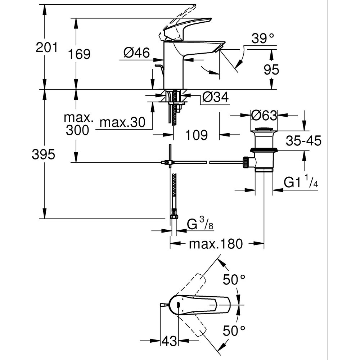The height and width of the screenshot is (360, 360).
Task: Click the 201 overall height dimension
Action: [x=46, y=47]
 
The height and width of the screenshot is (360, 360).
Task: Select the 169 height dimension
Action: [x=79, y=54]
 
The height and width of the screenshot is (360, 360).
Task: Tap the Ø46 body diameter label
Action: [x=136, y=53]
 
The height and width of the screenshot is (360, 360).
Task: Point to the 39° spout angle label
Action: [x=263, y=38]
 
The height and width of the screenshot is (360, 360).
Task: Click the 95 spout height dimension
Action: [x=271, y=70]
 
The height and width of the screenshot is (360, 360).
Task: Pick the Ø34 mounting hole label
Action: [x=215, y=97]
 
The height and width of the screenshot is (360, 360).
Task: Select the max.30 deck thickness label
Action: [x=122, y=123]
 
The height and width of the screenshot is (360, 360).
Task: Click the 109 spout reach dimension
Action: [x=197, y=135]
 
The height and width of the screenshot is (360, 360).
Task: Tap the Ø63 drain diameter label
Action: [x=264, y=116]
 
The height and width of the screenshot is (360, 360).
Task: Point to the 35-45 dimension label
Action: [x=303, y=141]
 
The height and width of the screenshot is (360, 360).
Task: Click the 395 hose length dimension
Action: [x=43, y=155]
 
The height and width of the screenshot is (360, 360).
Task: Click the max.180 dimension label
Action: [x=216, y=244]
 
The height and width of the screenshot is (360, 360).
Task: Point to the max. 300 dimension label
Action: [x=77, y=124]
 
